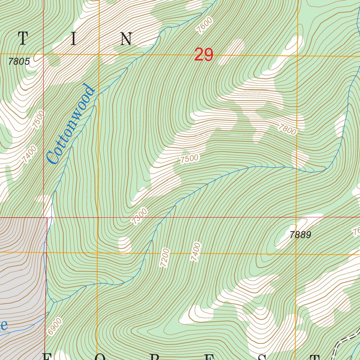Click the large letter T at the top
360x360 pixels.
click(x=23, y=39)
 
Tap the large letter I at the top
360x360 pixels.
click(x=73, y=39)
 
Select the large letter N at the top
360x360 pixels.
click(x=126, y=39)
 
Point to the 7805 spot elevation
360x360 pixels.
click(x=19, y=62)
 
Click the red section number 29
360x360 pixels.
click(x=204, y=55)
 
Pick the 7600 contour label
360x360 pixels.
click(x=205, y=25)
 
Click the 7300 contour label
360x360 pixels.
click(x=139, y=216)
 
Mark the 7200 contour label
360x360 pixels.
click(x=164, y=257)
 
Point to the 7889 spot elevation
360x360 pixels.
click(x=300, y=235)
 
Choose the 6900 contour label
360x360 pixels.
click(x=55, y=326)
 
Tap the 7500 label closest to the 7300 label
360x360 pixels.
click(x=189, y=159)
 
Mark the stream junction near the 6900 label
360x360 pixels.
click(x=53, y=302)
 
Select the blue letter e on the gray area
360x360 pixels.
click(x=4, y=325)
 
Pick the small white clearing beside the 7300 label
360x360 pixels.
click(x=124, y=245)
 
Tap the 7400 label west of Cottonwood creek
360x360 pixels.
click(x=29, y=154)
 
